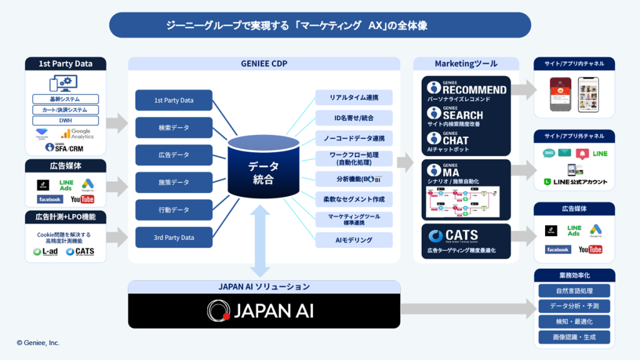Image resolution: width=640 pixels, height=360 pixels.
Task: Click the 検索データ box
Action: pos(174,127)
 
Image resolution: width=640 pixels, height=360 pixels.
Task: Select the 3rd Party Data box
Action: pos(174,237)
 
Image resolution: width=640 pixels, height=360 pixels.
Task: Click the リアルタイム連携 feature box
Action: pos(354,97)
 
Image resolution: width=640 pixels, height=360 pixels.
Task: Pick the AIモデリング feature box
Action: pos(354,240)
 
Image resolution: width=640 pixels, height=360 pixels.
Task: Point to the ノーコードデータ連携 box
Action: pos(354,138)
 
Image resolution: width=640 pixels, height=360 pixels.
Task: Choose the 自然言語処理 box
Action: pos(574,291)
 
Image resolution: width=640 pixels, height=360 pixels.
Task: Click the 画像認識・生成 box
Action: pos(574,337)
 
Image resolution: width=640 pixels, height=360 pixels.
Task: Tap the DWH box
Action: pos(66,121)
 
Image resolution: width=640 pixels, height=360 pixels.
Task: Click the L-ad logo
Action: pos(46,251)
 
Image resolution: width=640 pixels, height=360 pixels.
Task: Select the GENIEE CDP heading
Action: pos(264,64)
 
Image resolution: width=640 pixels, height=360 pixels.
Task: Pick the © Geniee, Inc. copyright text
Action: pos(38,342)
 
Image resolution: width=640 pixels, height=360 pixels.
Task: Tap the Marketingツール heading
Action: pos(466,64)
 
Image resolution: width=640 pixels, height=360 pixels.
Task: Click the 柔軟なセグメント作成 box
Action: pos(354,199)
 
